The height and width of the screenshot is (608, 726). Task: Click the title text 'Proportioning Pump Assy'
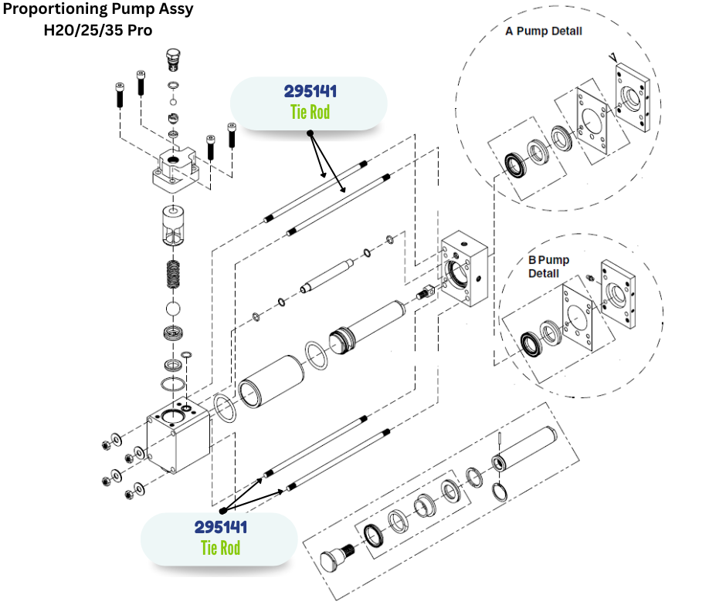(x=98, y=10)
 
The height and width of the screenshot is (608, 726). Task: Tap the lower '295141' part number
(x=221, y=528)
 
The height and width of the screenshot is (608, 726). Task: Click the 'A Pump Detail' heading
(x=544, y=32)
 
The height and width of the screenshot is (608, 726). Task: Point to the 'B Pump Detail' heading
(x=548, y=267)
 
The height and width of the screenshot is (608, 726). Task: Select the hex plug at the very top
(x=174, y=58)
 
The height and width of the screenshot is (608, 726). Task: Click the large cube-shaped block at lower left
(x=180, y=436)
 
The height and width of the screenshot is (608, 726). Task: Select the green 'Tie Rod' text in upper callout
(x=310, y=112)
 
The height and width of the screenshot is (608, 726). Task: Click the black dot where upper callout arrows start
(x=310, y=133)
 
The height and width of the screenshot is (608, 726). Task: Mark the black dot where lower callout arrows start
(x=222, y=510)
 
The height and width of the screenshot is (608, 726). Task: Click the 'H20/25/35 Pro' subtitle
(x=98, y=31)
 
